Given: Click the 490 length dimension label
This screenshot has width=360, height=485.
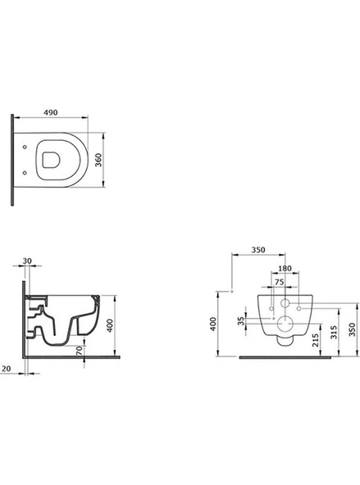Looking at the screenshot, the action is point(51,112).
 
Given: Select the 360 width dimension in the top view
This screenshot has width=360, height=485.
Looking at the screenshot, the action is point(98,160).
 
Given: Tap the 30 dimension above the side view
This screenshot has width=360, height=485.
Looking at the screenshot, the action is point(27,261).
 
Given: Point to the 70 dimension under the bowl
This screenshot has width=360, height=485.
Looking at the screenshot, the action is point(80,350).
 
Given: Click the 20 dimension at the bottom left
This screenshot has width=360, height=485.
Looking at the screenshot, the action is point(7,369).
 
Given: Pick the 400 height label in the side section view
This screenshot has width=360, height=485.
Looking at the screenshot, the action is point(110,325).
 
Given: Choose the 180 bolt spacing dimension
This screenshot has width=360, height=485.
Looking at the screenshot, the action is point(285,269).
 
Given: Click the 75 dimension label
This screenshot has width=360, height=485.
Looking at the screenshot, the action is point(279,282).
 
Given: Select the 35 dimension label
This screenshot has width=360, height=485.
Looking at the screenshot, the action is point(241,321).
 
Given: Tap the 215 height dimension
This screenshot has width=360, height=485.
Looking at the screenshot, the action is point(316,340).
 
